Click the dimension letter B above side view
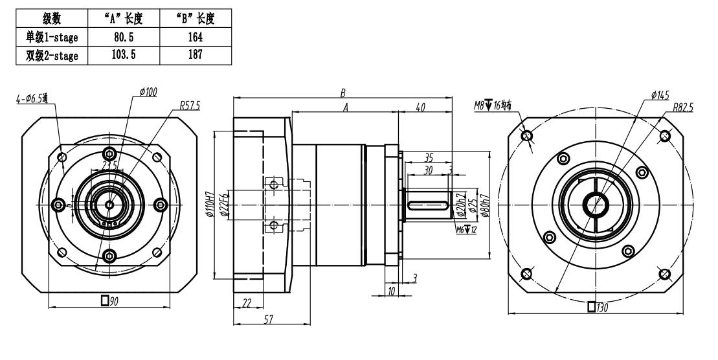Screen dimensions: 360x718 [342, 93]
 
